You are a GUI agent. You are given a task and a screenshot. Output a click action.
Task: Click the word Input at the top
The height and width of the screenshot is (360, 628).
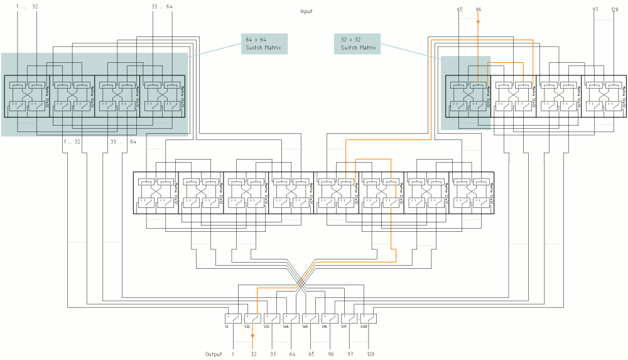[x=306, y=11]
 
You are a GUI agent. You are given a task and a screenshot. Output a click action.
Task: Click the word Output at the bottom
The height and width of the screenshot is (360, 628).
[x=214, y=354]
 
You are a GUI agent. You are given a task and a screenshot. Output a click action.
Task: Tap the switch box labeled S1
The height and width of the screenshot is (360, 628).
[x=233, y=319]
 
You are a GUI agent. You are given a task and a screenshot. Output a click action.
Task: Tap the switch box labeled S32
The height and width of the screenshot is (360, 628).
[x=252, y=319]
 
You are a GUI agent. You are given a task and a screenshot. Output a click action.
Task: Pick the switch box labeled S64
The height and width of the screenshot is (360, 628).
[x=291, y=319]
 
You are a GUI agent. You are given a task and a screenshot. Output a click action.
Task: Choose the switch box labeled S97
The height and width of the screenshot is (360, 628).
[x=349, y=319]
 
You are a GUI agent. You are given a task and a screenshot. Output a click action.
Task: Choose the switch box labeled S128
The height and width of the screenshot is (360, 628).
[x=369, y=319]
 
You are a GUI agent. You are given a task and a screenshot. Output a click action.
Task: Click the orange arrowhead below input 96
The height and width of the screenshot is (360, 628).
[x=478, y=23]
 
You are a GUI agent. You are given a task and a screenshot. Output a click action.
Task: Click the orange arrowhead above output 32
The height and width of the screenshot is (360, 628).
[x=252, y=344]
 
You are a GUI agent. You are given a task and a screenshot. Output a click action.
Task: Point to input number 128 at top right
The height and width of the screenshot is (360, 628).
[x=614, y=9]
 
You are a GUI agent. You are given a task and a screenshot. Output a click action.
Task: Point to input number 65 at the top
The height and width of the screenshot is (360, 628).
[x=460, y=9]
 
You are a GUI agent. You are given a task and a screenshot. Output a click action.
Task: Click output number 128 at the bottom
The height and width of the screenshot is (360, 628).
[x=371, y=354]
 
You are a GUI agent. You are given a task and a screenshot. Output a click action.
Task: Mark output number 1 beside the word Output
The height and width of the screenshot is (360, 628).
[x=233, y=354]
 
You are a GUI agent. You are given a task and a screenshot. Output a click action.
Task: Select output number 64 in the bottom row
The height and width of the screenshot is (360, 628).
[x=292, y=354]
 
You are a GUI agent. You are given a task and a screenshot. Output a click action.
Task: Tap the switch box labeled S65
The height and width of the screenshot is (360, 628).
[x=311, y=319]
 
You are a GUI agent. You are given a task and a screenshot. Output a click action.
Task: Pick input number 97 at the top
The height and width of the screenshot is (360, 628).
[x=595, y=9]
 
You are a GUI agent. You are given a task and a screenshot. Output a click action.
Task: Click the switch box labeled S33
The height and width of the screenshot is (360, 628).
[x=272, y=319]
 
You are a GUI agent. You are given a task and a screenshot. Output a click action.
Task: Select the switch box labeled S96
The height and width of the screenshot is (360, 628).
[x=330, y=319]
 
